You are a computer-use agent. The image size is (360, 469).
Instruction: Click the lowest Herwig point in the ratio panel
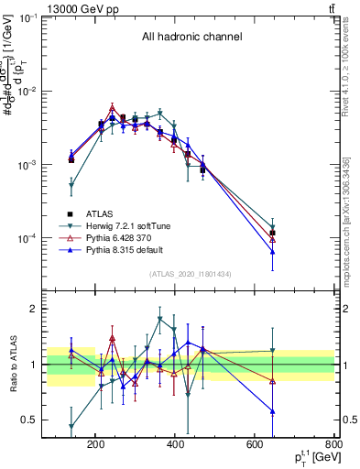71,426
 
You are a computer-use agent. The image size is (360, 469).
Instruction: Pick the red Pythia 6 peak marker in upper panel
112,107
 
